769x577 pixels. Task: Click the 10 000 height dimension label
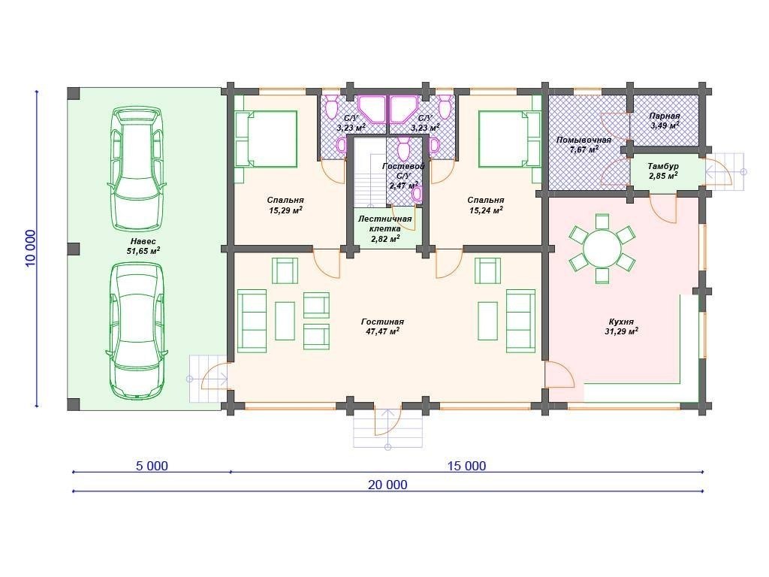tap(31, 248)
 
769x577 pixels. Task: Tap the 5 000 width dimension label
tap(152, 466)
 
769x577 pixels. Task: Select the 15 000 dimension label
tap(467, 466)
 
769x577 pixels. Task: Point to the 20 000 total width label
tap(388, 485)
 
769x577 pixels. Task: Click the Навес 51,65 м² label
tap(143, 246)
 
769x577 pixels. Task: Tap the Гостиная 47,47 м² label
tap(382, 326)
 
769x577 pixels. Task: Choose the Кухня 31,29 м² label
tap(621, 326)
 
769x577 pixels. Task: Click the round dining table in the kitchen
tap(602, 248)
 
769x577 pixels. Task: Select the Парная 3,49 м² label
tap(665, 121)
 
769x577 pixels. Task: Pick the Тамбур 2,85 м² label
tap(663, 171)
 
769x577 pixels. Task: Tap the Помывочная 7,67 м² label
tap(584, 145)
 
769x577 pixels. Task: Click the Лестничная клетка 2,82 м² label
tap(385, 228)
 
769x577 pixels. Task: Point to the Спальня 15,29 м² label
tap(285, 205)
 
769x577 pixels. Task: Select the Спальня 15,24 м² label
tap(486, 205)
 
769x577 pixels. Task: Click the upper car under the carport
tap(136, 168)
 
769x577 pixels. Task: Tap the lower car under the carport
tap(136, 331)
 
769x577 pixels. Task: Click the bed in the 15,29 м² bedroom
tap(267, 139)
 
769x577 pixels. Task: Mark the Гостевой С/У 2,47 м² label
tap(403, 176)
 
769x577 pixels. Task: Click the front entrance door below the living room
tap(388, 420)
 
